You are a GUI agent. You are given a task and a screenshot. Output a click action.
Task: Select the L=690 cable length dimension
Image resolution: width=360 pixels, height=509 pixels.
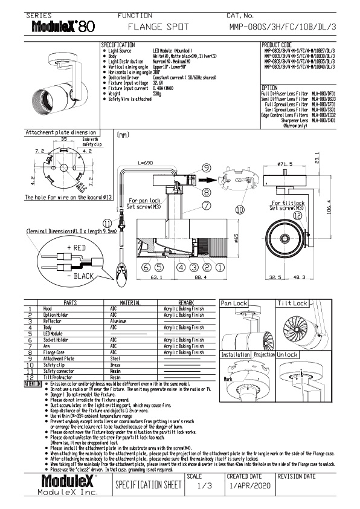[147, 163]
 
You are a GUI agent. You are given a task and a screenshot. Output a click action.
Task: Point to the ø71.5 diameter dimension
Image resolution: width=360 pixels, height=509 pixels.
[286, 163]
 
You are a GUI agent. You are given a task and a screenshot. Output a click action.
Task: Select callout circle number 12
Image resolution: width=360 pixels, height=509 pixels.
[297, 215]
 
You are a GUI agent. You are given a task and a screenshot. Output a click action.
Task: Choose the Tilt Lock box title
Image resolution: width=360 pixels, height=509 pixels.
[292, 303]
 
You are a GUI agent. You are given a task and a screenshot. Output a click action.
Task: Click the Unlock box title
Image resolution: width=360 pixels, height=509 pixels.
[288, 355]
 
